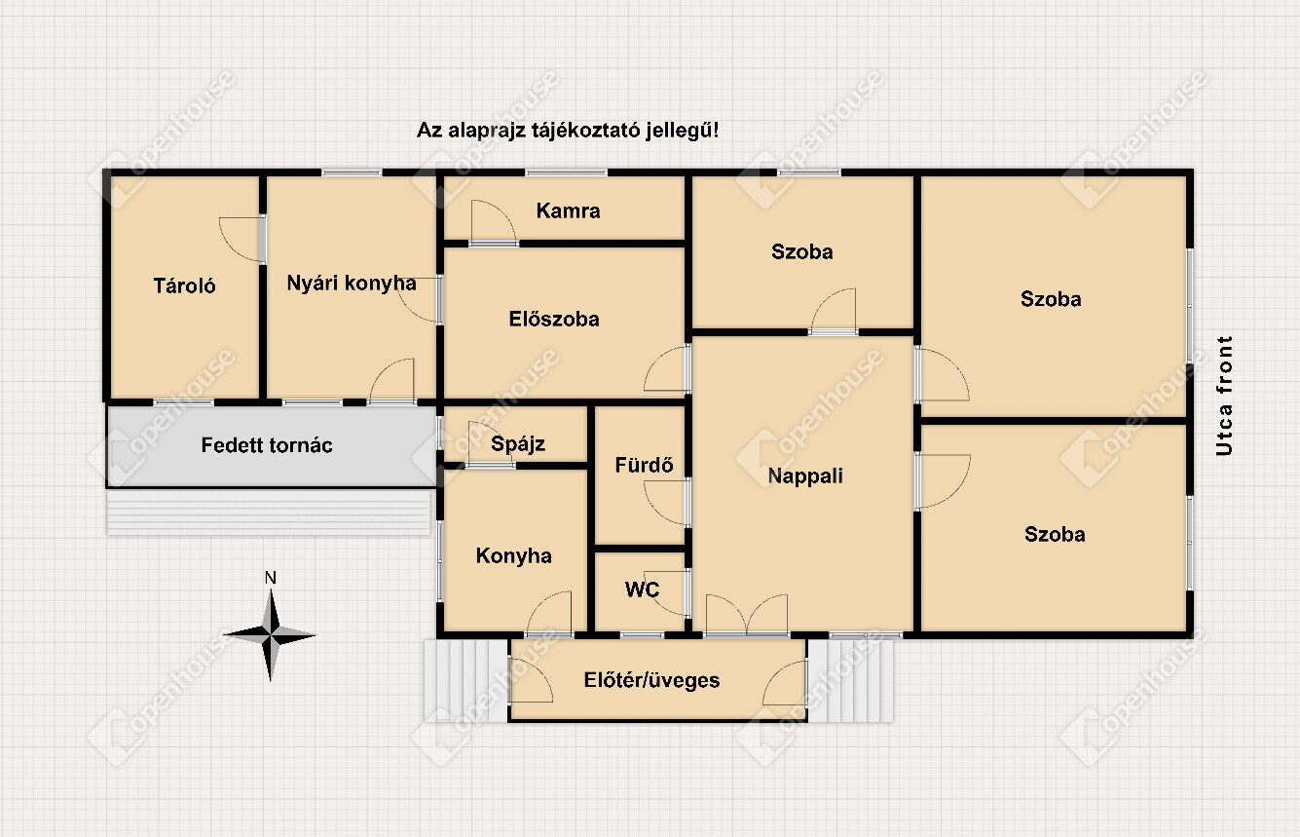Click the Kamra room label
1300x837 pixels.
click(x=568, y=210)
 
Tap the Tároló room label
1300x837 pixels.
click(x=184, y=285)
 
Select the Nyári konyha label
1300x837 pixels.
click(x=352, y=283)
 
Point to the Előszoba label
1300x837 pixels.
click(x=554, y=319)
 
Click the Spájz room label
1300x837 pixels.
click(x=518, y=443)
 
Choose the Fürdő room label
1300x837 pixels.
click(x=644, y=465)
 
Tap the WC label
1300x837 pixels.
click(x=642, y=590)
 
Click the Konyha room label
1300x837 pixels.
click(x=513, y=555)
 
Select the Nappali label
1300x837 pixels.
click(x=805, y=476)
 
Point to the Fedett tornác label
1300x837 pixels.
click(x=267, y=445)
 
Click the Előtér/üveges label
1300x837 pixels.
click(x=651, y=679)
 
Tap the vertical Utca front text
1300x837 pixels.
click(x=1224, y=396)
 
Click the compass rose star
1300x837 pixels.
click(x=271, y=635)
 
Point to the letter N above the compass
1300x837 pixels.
click(x=271, y=578)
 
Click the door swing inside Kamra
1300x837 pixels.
click(x=494, y=221)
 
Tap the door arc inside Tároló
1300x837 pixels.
click(x=241, y=240)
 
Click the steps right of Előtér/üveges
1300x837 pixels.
click(x=850, y=681)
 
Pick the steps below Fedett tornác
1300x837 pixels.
click(x=269, y=512)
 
